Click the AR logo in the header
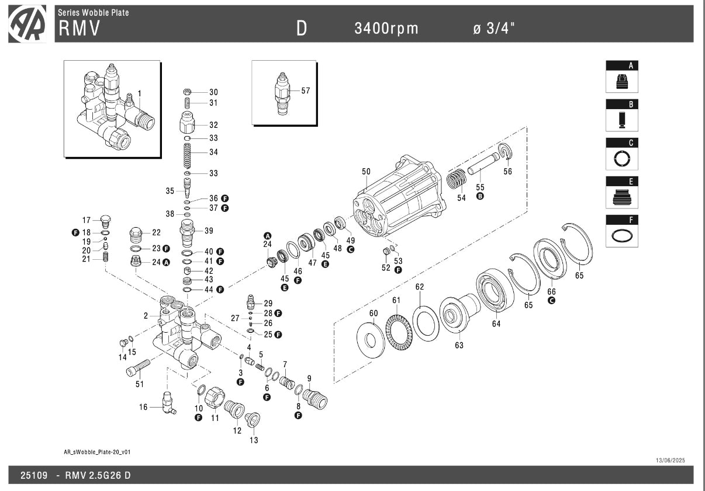point(27,24)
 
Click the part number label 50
point(366,171)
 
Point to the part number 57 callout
point(306,91)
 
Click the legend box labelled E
point(622,193)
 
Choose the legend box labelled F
point(622,231)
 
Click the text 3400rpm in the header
point(386,29)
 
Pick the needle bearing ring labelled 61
point(399,329)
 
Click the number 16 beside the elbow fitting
point(143,407)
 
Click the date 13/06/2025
point(672,461)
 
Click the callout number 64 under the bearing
point(496,323)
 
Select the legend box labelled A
point(622,77)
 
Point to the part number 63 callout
point(459,345)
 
